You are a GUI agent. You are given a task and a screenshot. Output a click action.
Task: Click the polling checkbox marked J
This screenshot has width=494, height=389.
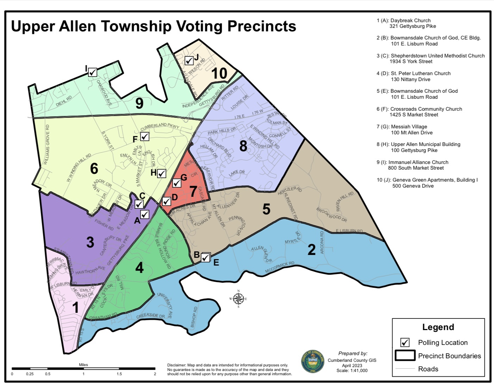click(x=189, y=61)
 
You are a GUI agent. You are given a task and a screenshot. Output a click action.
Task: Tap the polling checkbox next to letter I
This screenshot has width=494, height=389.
click(x=93, y=72)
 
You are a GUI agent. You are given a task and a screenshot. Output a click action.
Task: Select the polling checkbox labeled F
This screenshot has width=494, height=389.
click(x=145, y=136)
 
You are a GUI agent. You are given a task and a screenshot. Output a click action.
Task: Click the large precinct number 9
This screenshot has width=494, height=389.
click(x=139, y=103)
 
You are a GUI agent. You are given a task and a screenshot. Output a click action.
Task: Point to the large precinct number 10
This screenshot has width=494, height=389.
click(x=219, y=74)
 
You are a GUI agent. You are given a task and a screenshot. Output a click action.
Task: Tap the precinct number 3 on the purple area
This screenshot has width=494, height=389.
click(x=90, y=242)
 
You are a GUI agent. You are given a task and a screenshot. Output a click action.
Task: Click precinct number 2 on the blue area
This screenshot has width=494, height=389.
click(x=312, y=250)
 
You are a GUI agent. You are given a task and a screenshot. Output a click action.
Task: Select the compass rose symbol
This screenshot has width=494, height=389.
click(x=238, y=299)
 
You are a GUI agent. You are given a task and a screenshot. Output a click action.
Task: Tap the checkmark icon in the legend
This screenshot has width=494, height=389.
click(x=405, y=342)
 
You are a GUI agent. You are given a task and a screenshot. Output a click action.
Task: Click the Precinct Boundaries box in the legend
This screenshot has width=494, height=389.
click(x=405, y=355)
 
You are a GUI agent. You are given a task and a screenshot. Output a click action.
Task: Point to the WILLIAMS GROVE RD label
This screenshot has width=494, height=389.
click(x=47, y=145)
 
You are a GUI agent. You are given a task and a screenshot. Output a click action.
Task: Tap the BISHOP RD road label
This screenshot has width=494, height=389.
click(x=194, y=317)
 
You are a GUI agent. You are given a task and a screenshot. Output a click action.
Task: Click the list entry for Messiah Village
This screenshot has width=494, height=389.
click(x=409, y=127)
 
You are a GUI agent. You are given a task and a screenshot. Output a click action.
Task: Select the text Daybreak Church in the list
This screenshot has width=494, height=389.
click(x=410, y=20)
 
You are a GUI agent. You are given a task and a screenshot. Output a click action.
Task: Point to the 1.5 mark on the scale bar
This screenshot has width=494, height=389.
click(x=119, y=374)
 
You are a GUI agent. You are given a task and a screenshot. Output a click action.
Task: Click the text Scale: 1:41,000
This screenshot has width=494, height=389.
click(x=352, y=371)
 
